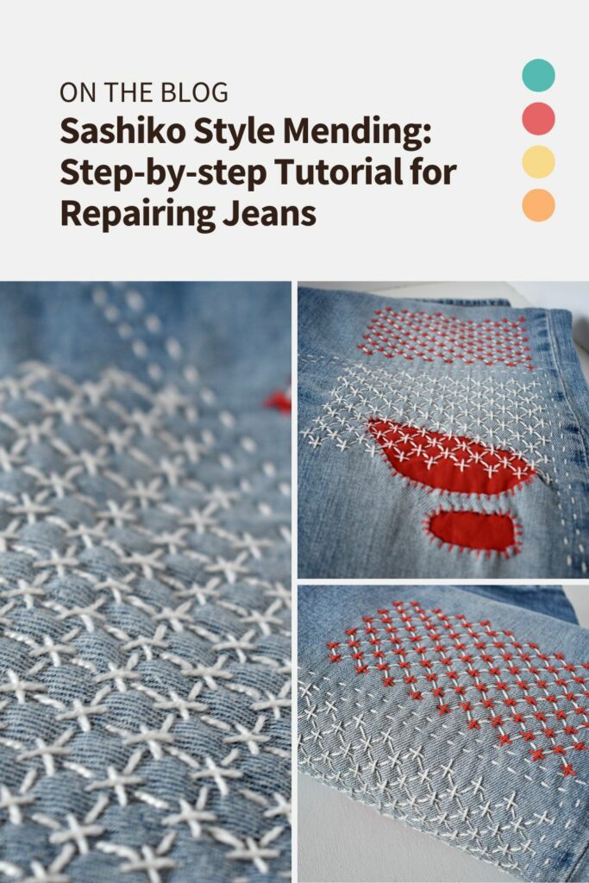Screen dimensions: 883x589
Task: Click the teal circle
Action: (538, 75)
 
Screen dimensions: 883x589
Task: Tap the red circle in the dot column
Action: (538, 118)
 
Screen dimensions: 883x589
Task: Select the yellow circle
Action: (538, 162)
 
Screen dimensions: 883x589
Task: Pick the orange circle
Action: (538, 205)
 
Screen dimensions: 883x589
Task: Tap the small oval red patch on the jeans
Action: (472, 531)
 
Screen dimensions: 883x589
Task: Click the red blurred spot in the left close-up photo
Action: (279, 401)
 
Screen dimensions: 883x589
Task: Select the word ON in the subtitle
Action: (72, 91)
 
